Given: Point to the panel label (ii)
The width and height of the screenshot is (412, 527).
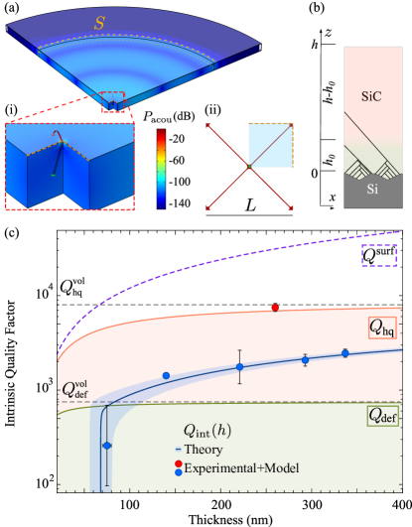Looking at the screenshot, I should [x=212, y=109].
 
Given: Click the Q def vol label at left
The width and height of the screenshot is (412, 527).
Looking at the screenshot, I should [x=74, y=389].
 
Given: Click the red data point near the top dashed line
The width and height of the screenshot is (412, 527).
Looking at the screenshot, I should [x=275, y=308].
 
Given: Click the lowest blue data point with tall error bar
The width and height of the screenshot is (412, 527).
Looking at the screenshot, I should [x=107, y=446].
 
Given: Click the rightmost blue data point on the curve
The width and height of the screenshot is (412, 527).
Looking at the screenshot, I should [x=345, y=352].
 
